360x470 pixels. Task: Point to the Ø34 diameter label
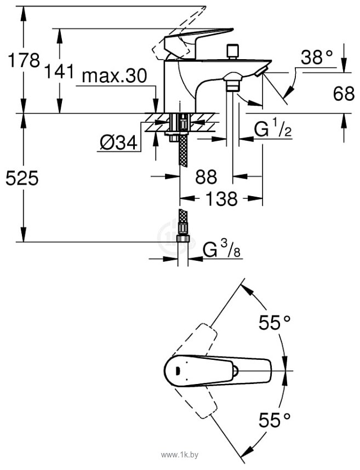click(118, 143)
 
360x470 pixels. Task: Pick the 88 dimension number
click(206, 177)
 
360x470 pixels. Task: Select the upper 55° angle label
click(275, 323)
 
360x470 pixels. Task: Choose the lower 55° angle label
click(275, 420)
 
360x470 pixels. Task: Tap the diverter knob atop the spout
click(231, 51)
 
